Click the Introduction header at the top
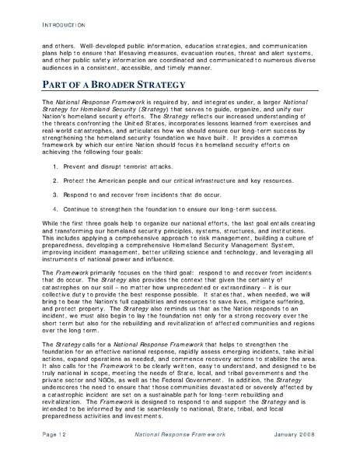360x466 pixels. click(x=61, y=26)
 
